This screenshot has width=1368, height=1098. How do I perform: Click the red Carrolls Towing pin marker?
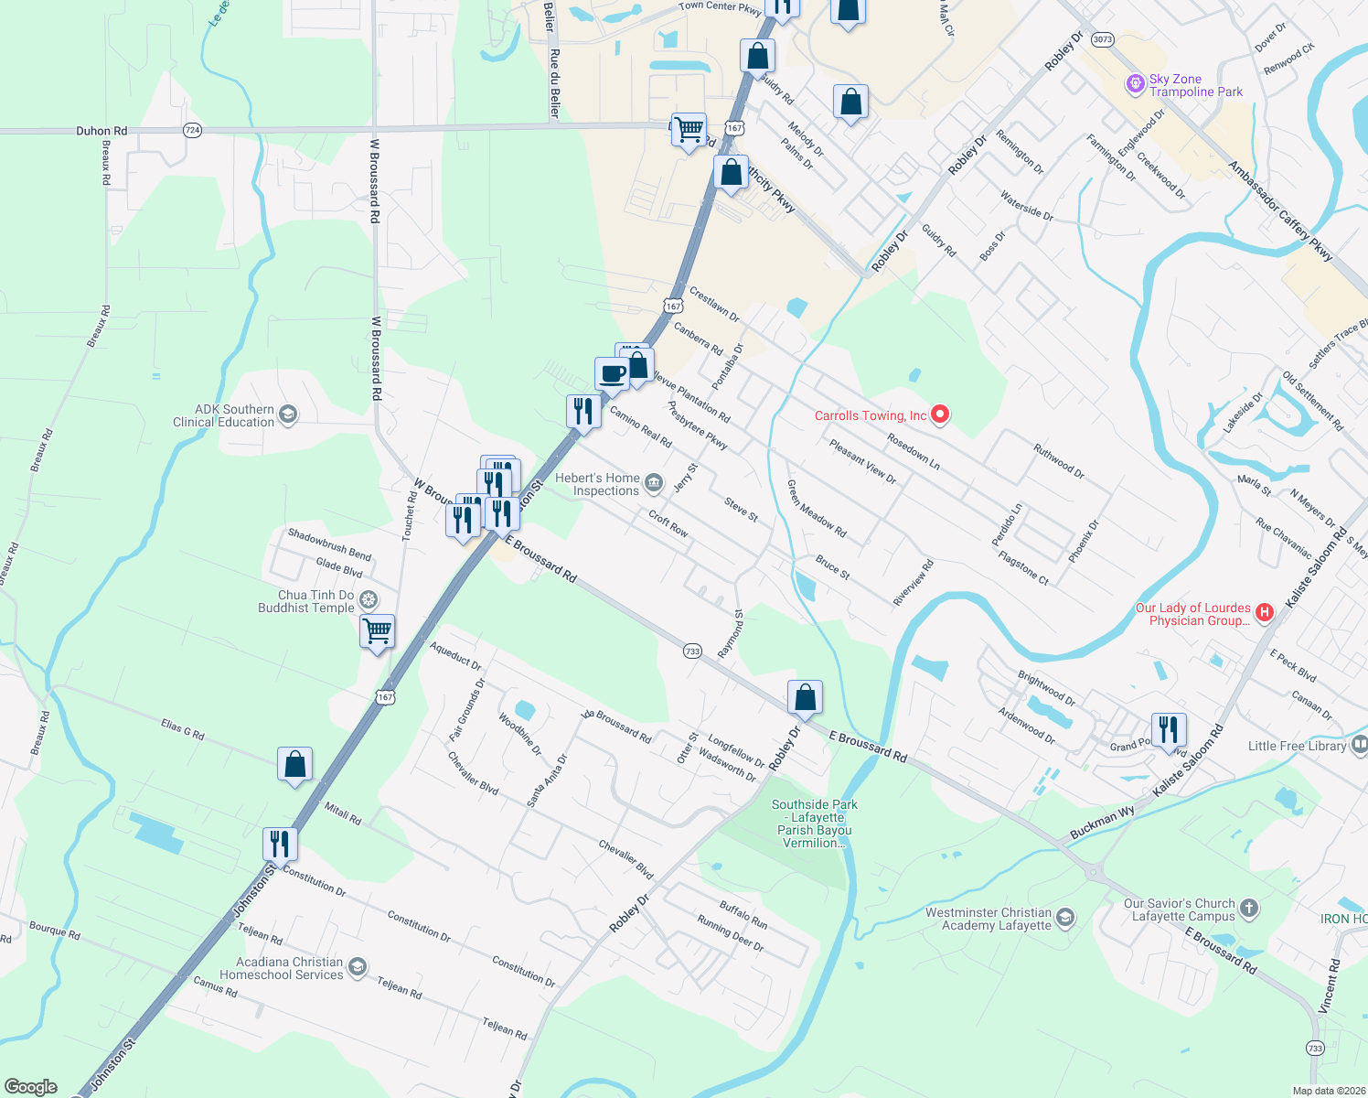point(940,416)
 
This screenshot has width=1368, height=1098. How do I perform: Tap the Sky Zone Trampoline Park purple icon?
point(1135,85)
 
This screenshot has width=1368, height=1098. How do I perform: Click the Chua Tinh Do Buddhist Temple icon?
point(369,600)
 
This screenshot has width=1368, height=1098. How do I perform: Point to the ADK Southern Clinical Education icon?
point(287,415)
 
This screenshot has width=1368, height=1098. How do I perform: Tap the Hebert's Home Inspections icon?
point(653,482)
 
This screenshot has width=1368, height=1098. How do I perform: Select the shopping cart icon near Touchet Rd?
point(378,631)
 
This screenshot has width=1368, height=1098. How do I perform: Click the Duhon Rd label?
point(102,131)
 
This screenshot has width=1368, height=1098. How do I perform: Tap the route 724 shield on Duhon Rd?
point(192,130)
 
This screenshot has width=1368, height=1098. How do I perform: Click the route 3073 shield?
point(1103,39)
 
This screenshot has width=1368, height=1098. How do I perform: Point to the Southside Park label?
point(815,823)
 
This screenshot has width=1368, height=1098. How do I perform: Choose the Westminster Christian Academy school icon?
point(1065,918)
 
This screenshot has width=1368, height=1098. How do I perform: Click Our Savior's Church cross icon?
point(1249,909)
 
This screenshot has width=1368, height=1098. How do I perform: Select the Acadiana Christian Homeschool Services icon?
point(358,967)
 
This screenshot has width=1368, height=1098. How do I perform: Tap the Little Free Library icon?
point(1360,745)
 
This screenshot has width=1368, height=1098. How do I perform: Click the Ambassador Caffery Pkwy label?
point(1280,212)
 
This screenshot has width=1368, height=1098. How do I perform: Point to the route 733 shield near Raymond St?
point(692,651)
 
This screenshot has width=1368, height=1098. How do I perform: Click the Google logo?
point(30,1087)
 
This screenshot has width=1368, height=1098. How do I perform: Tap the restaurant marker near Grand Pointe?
point(1169,730)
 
